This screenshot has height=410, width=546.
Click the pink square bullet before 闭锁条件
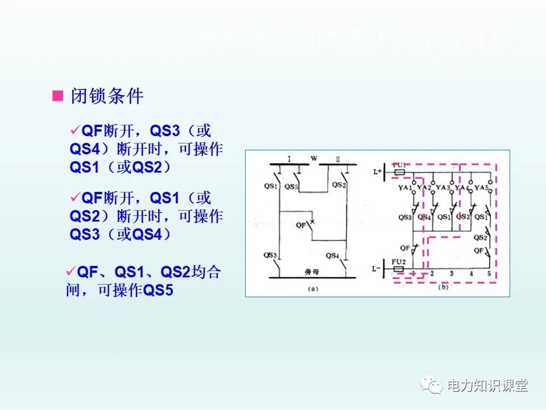tap(57, 96)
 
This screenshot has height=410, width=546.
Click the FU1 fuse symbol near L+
tap(400, 170)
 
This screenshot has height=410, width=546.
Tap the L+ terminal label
tap(377, 171)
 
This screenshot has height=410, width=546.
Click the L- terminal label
tap(377, 268)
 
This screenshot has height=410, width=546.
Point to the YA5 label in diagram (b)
tap(482, 187)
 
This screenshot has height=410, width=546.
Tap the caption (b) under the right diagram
tap(443, 288)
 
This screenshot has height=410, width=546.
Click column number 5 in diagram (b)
tap(489, 274)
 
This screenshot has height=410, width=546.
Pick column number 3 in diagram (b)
tap(451, 274)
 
